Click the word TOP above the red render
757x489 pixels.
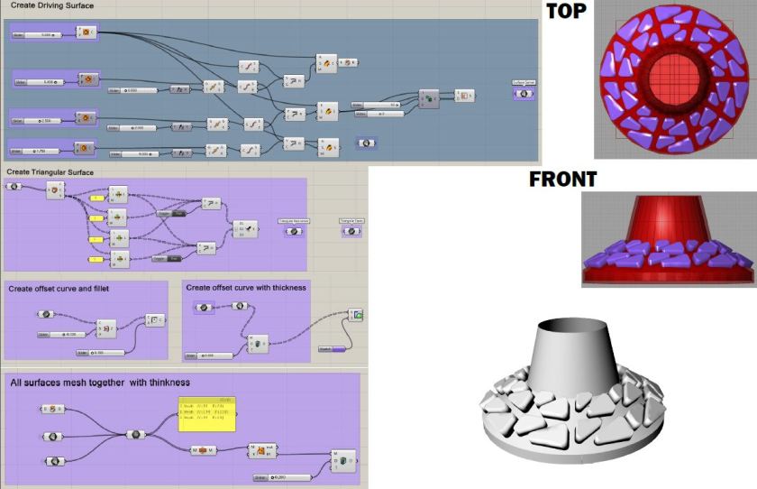(x=565, y=11)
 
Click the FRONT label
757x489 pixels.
(x=562, y=179)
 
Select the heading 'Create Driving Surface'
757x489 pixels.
(x=51, y=5)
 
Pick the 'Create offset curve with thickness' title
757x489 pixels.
(x=246, y=288)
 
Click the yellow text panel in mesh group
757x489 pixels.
(x=206, y=414)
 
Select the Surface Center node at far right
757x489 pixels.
(x=524, y=95)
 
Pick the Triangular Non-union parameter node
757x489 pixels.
(x=294, y=232)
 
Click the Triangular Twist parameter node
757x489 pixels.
(x=351, y=232)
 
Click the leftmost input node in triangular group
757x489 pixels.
(x=14, y=187)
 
